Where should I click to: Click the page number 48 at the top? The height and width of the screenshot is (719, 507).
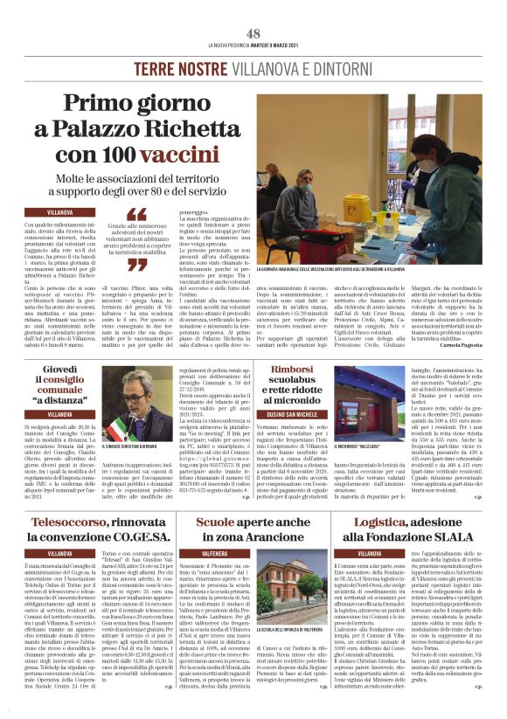coord(253,32)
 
